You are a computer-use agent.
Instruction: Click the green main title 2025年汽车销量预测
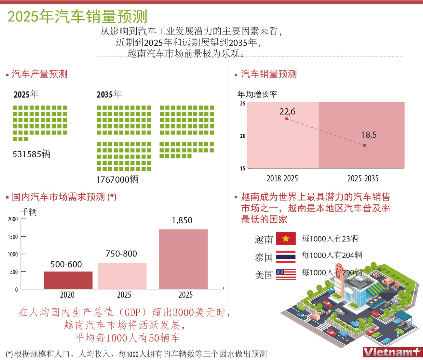[77, 16]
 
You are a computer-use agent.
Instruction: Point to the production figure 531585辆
[32, 154]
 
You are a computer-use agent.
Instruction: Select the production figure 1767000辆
[117, 179]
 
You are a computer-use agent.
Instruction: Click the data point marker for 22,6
[287, 119]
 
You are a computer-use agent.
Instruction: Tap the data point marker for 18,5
[364, 145]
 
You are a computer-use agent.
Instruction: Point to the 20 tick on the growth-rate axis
[243, 136]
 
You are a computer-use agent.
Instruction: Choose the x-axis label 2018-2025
[282, 178]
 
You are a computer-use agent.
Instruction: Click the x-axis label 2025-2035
[363, 178]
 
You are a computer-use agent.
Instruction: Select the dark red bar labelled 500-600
[68, 280]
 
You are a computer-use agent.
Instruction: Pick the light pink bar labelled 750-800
[122, 276]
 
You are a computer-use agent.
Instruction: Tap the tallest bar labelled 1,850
[183, 259]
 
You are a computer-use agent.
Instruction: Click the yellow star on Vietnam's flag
[286, 239]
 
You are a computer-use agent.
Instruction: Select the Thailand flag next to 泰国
[286, 256]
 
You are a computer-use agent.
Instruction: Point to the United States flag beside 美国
[286, 274]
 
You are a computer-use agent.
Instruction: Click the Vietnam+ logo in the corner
[392, 352]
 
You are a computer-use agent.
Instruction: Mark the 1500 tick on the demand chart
[13, 237]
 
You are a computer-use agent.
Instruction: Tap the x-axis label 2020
[67, 295]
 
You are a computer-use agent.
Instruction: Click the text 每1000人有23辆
[330, 239]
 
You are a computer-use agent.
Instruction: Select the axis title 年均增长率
[257, 94]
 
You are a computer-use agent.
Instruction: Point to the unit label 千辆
[29, 212]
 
